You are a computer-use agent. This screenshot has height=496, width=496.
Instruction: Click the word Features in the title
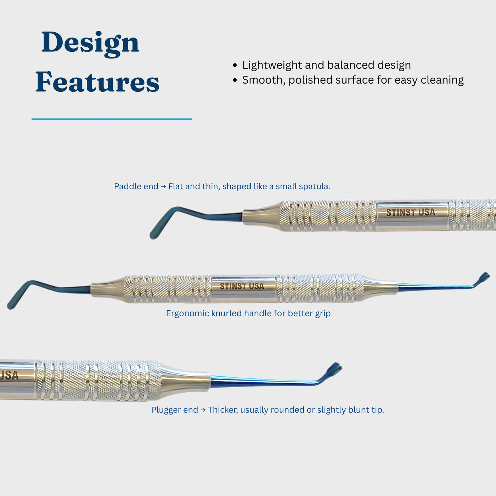(97, 82)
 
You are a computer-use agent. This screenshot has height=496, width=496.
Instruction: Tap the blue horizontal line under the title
(112, 119)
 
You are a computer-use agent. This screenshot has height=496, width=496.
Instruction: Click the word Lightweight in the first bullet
(272, 65)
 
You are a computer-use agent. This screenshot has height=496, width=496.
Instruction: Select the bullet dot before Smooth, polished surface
(235, 80)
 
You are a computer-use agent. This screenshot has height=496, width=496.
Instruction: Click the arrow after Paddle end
(163, 187)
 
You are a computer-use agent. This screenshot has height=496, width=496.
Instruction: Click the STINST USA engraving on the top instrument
(411, 212)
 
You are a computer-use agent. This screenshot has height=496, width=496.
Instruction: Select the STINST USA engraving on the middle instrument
(242, 286)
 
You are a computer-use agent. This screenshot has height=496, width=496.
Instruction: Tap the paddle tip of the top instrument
(153, 236)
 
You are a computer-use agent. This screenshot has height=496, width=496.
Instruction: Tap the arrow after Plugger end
(203, 410)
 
